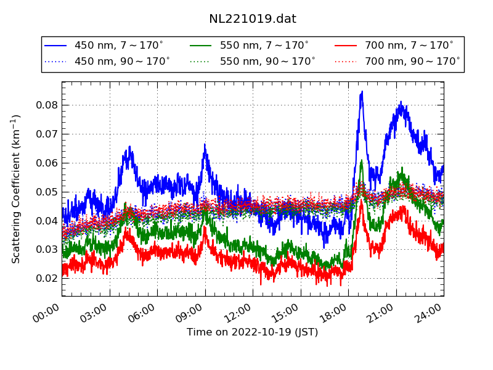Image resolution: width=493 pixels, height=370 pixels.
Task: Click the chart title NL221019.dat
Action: point(253,19)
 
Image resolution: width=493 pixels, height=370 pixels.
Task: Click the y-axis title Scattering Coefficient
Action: point(17,189)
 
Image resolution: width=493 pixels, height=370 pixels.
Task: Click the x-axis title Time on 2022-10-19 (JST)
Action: point(253,332)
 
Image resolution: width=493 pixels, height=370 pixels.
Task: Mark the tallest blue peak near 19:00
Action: point(362,92)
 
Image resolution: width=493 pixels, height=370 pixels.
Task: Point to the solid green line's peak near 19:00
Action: point(362,161)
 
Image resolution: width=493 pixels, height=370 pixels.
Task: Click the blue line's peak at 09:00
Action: point(205,145)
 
